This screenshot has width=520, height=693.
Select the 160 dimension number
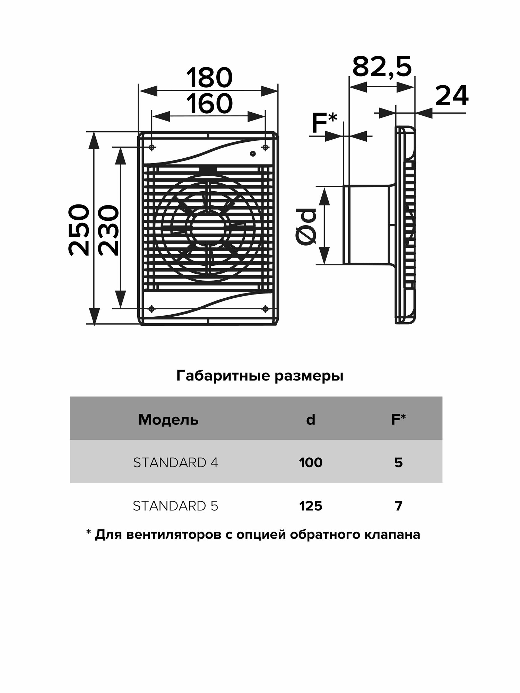[x=209, y=104]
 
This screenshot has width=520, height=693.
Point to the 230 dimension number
[x=108, y=230]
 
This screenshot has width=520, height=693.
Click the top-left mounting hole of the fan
[x=152, y=148]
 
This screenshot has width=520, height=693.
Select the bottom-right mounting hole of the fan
[x=266, y=308]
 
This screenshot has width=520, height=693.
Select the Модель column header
[x=168, y=420]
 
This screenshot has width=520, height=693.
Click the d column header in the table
[x=311, y=420]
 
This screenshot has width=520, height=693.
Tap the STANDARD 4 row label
[x=175, y=463]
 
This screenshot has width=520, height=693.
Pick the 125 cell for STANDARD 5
[x=311, y=506]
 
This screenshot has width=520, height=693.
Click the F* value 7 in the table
[x=399, y=506]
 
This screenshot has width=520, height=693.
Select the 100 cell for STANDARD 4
[x=311, y=463]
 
